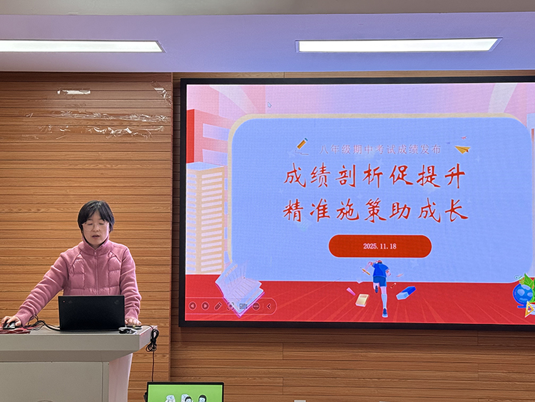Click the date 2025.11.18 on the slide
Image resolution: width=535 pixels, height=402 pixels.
click(379, 246)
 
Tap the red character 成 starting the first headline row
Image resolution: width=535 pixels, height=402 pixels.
click(295, 176)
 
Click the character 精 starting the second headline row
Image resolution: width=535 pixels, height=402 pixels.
click(294, 210)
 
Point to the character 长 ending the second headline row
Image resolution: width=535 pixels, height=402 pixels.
click(457, 210)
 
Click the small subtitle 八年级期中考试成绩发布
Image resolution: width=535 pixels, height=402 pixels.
click(379, 150)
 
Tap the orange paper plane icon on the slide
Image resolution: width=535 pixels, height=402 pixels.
click(463, 149)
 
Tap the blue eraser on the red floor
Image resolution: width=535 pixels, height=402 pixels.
click(406, 293)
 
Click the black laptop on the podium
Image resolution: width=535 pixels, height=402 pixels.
click(91, 313)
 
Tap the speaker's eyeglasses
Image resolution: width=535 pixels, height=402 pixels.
click(96, 224)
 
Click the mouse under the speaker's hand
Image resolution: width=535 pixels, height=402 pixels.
click(9, 326)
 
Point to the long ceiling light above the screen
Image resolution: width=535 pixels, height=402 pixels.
click(398, 45)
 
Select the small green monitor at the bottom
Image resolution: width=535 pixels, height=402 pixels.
click(185, 392)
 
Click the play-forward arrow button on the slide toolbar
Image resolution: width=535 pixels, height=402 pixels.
click(205, 306)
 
